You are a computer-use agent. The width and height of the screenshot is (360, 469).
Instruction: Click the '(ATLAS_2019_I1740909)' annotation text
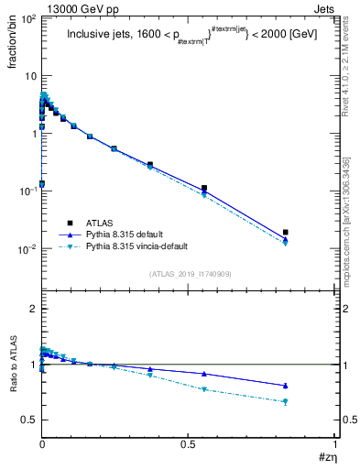tap(191, 273)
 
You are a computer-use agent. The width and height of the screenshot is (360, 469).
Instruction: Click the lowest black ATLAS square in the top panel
tap(42, 184)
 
